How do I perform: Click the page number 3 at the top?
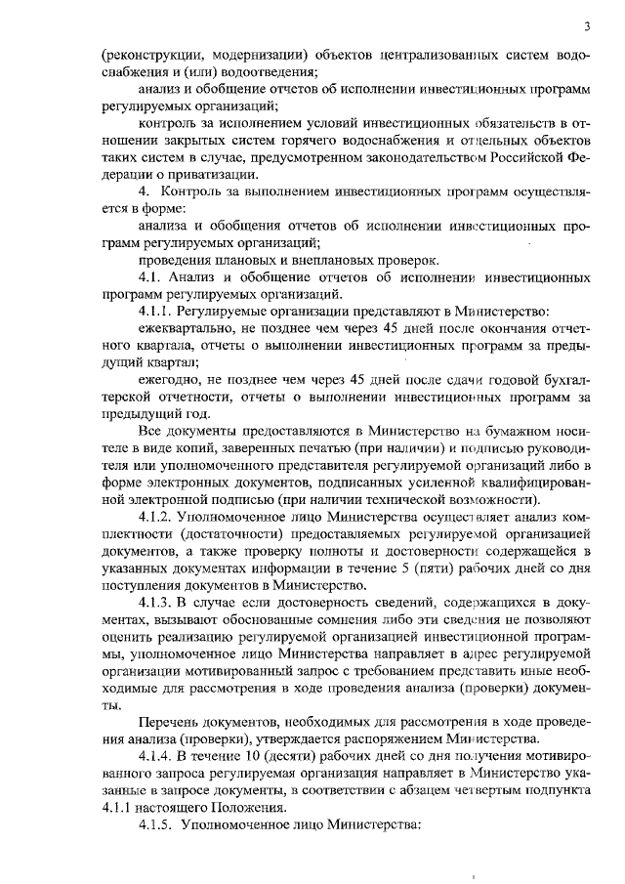[x=586, y=26]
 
